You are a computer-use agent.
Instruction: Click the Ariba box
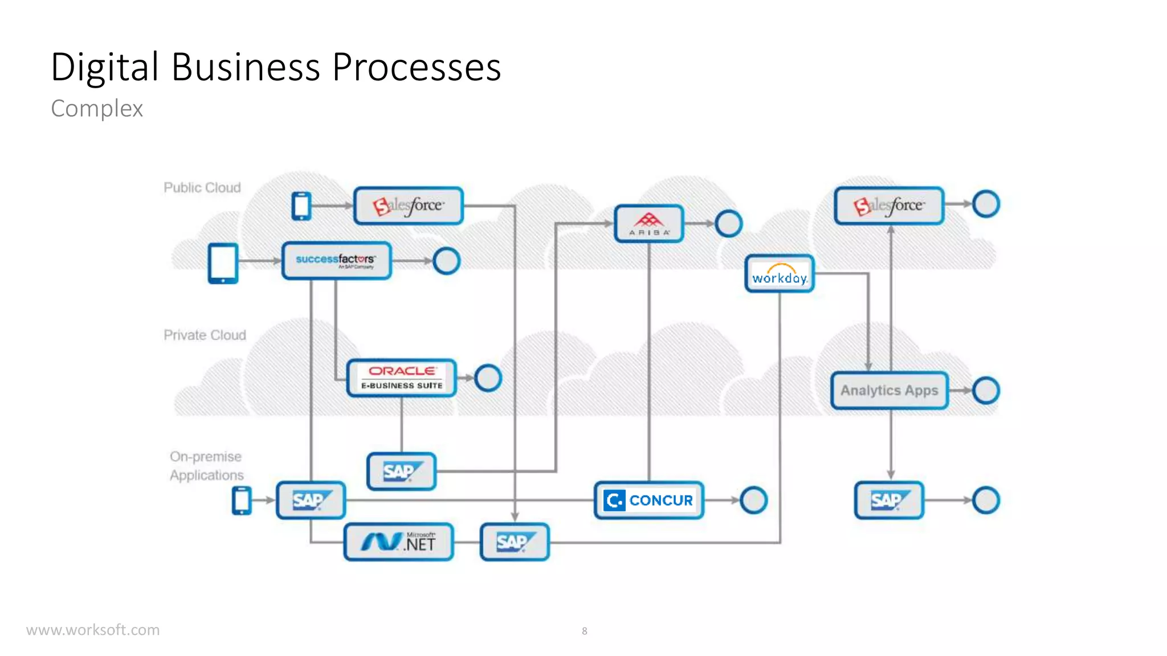pyautogui.click(x=648, y=224)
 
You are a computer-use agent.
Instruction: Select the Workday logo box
pyautogui.click(x=780, y=274)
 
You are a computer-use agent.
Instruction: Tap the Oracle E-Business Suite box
pyautogui.click(x=402, y=378)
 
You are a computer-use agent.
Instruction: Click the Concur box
pyautogui.click(x=648, y=500)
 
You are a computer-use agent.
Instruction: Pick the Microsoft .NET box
pyautogui.click(x=399, y=542)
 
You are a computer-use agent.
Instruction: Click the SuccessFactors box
pyautogui.click(x=336, y=261)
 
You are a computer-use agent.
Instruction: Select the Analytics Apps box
pyautogui.click(x=889, y=391)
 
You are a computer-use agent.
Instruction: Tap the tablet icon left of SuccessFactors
pyautogui.click(x=223, y=263)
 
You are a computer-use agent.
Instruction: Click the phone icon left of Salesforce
pyautogui.click(x=301, y=206)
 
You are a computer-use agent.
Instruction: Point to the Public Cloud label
pyautogui.click(x=202, y=187)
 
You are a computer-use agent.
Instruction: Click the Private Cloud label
pyautogui.click(x=205, y=335)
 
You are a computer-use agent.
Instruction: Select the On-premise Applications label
pyautogui.click(x=206, y=466)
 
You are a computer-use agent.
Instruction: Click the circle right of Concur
pyautogui.click(x=753, y=500)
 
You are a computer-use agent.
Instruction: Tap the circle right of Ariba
pyautogui.click(x=728, y=224)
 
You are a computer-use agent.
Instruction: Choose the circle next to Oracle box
pyautogui.click(x=488, y=378)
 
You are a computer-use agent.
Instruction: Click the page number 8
pyautogui.click(x=584, y=631)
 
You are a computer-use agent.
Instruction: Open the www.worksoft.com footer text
pyautogui.click(x=93, y=630)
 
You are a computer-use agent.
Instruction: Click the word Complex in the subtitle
pyautogui.click(x=97, y=109)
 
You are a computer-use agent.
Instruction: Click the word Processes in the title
pyautogui.click(x=416, y=67)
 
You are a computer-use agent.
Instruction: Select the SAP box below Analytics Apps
pyautogui.click(x=889, y=500)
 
